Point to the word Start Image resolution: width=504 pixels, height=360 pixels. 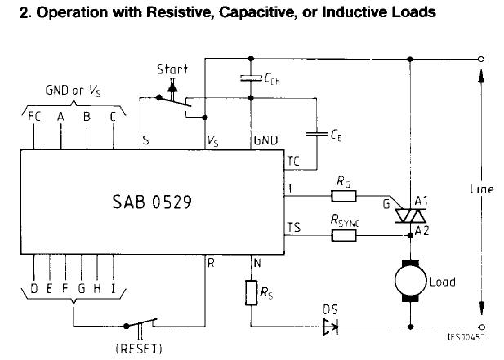(x=172, y=69)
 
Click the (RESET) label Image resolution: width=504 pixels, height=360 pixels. (x=140, y=349)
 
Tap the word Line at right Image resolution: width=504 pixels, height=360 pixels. (x=482, y=189)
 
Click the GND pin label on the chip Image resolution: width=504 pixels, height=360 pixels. (x=266, y=140)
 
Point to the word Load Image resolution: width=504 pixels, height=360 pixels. (x=442, y=282)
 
